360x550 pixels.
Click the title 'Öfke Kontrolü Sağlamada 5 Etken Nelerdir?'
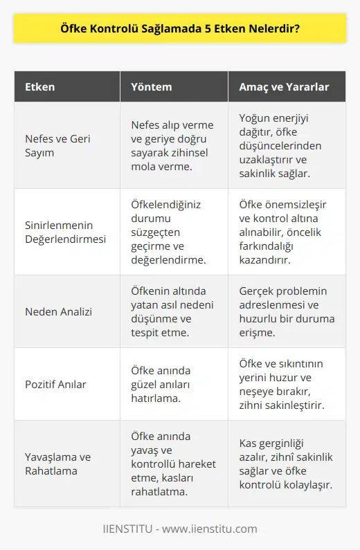tap(179, 33)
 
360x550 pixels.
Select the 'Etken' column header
tap(40, 88)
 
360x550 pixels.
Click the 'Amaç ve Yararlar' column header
tap(284, 88)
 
